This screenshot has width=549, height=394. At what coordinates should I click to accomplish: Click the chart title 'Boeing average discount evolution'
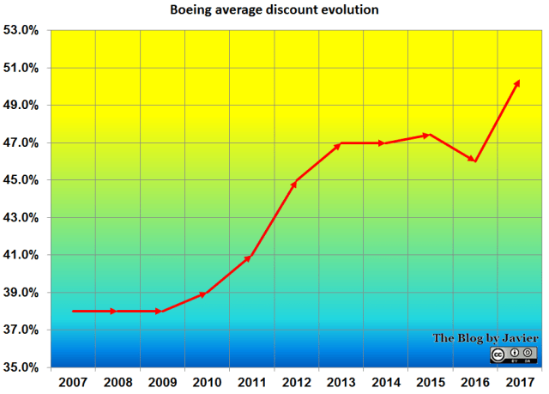tap(274, 10)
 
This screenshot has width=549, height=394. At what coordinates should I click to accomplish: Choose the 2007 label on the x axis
tap(73, 381)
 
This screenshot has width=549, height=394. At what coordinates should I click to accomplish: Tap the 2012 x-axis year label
tap(296, 381)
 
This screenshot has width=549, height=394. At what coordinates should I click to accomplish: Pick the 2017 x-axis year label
tap(519, 381)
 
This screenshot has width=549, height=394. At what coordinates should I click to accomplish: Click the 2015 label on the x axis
tap(430, 381)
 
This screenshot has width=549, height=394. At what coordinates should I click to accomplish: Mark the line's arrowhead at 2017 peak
tap(517, 82)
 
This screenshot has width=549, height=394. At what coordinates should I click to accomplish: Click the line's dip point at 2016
tap(474, 161)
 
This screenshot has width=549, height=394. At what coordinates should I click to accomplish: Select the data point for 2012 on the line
tap(296, 182)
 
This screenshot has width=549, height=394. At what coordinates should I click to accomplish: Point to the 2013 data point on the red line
tap(340, 143)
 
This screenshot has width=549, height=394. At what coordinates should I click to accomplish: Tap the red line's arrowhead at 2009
tap(160, 311)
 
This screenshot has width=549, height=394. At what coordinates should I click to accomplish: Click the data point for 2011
tap(250, 257)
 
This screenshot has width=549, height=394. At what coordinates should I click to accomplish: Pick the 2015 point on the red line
tap(429, 135)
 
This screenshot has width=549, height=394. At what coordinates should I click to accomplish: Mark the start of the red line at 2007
tap(73, 311)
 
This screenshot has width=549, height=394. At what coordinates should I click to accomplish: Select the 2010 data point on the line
tap(204, 294)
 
